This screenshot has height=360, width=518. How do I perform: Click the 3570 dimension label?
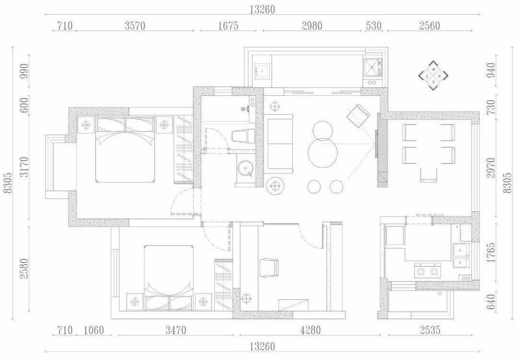(135, 26)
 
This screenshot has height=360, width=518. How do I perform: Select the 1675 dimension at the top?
(228, 26)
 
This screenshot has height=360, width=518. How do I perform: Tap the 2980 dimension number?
(312, 26)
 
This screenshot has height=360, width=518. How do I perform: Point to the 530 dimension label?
(374, 26)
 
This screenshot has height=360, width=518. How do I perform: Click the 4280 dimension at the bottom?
(310, 330)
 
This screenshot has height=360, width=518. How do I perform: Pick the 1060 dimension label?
(94, 330)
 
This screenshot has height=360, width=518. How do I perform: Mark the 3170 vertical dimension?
(25, 167)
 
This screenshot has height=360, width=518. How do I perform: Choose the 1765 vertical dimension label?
(491, 253)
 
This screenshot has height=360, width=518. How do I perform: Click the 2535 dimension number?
(430, 330)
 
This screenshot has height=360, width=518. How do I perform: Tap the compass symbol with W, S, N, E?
(434, 76)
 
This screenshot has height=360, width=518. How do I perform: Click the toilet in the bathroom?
(243, 137)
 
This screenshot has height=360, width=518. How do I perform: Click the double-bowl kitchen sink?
(461, 255)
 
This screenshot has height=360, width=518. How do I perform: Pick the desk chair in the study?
(270, 268)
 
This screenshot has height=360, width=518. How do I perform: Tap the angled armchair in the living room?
(358, 115)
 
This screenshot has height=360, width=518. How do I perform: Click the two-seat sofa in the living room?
(279, 144)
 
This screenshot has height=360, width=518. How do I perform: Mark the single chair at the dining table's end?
(428, 175)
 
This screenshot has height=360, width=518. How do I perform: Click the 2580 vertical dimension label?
(25, 268)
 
